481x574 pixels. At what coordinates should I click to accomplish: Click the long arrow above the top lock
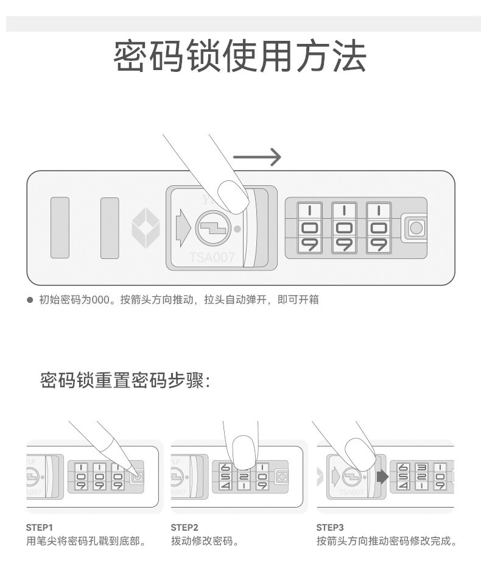click(x=257, y=157)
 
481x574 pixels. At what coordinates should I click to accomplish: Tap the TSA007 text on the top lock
click(x=211, y=257)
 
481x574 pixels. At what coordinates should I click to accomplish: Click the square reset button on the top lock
click(x=415, y=228)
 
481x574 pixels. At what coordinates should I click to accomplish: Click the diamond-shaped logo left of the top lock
click(x=146, y=227)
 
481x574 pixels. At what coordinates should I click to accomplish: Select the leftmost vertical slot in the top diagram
click(x=60, y=227)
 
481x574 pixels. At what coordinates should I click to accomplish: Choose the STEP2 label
click(x=184, y=527)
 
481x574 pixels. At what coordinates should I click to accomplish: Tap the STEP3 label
click(x=331, y=527)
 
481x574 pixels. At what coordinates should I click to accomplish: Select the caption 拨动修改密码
click(x=204, y=541)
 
